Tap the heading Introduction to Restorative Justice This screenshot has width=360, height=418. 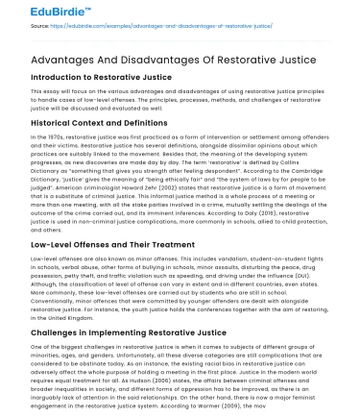pos(86,77)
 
